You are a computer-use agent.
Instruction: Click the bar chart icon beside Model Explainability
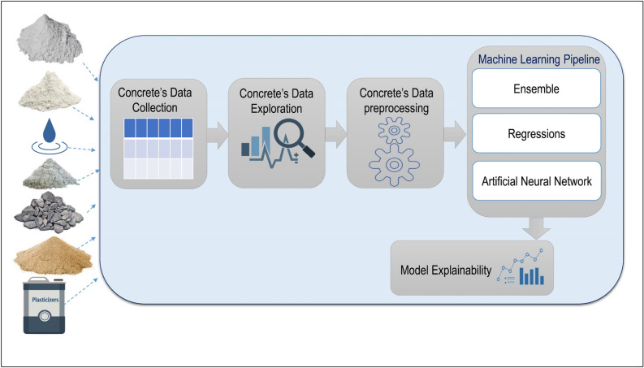pyautogui.click(x=534, y=274)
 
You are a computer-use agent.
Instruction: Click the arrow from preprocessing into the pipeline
pyautogui.click(x=452, y=134)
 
